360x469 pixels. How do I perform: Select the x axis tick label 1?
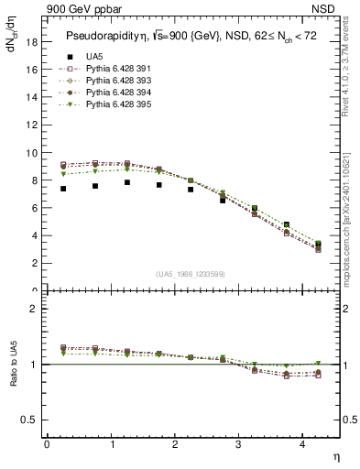(x=112, y=444)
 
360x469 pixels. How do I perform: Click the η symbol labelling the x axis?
(x=336, y=456)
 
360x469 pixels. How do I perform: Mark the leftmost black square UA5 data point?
(x=62, y=189)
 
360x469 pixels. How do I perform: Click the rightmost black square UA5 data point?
(x=318, y=245)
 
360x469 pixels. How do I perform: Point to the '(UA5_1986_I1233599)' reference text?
(x=192, y=273)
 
